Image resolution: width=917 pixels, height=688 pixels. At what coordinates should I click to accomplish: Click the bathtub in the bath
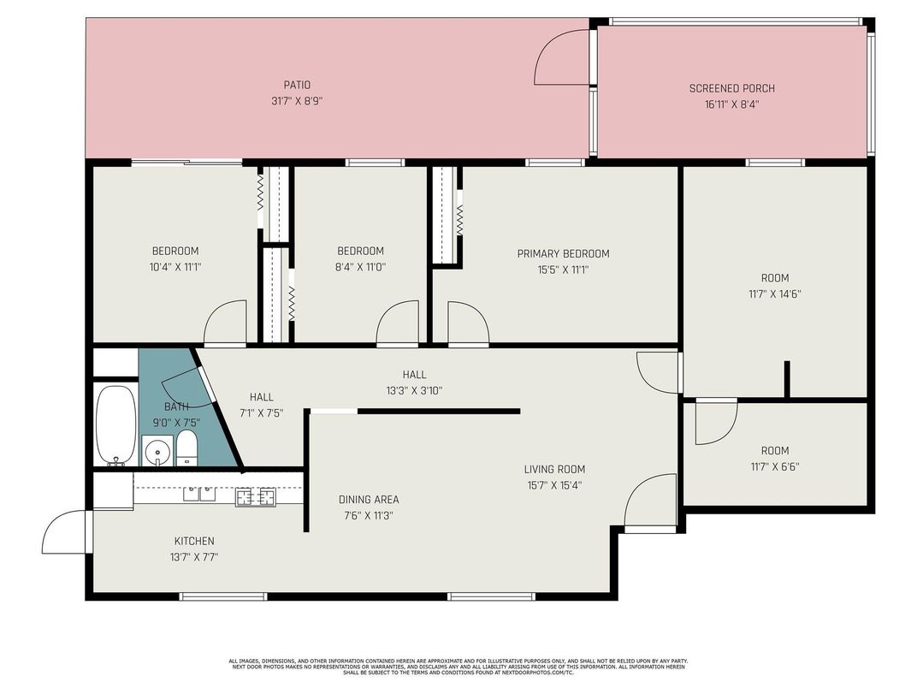115,425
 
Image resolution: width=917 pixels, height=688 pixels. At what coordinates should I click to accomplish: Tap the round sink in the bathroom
157,451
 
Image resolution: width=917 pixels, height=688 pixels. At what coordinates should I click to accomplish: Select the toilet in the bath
186,448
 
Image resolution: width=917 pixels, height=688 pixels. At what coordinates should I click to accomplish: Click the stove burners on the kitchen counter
255,495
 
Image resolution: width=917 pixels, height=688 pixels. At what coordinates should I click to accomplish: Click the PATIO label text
297,85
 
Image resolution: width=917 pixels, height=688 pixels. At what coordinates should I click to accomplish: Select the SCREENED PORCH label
731,88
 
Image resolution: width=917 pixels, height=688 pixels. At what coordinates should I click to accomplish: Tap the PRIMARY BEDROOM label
563,253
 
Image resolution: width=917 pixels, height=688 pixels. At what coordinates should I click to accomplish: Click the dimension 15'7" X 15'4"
554,484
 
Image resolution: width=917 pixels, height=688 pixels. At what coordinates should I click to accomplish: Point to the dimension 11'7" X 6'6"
775,466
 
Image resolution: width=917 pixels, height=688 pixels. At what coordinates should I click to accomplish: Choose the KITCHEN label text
194,541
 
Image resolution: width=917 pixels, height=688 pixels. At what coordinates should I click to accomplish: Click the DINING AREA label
369,500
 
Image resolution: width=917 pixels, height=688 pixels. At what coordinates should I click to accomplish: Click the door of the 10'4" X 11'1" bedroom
225,324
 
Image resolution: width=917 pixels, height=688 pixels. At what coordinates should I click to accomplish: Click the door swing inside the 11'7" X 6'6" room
715,422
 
